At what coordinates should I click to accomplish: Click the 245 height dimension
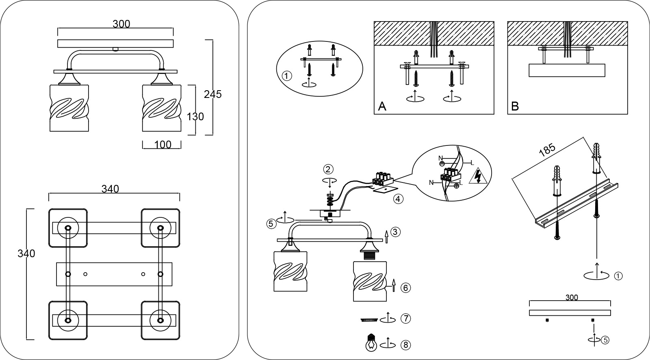pos(213,94)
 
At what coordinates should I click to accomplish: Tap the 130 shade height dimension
pos(195,117)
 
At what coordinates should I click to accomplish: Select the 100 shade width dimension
pos(163,145)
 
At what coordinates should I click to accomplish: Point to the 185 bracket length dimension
pos(547,150)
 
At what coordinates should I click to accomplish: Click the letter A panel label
pos(382,106)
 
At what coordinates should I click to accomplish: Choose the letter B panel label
pos(515,106)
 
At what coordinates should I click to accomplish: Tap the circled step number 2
pos(328,169)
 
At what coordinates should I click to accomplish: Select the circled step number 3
pos(396,232)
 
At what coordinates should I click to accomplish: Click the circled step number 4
pos(398,199)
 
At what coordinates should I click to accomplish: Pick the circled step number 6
pos(406,288)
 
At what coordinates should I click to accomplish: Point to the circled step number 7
pos(406,319)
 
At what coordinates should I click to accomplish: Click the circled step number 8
pos(406,345)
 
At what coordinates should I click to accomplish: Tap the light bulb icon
pos(371,343)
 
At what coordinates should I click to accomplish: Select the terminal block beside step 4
pos(382,179)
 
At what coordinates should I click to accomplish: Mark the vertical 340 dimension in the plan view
pos(26,254)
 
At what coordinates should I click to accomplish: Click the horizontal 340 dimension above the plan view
pos(110,189)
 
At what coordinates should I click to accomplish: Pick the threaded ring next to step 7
pos(369,320)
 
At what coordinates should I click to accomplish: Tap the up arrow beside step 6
pos(394,285)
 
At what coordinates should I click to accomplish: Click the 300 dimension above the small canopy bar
pos(572,297)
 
